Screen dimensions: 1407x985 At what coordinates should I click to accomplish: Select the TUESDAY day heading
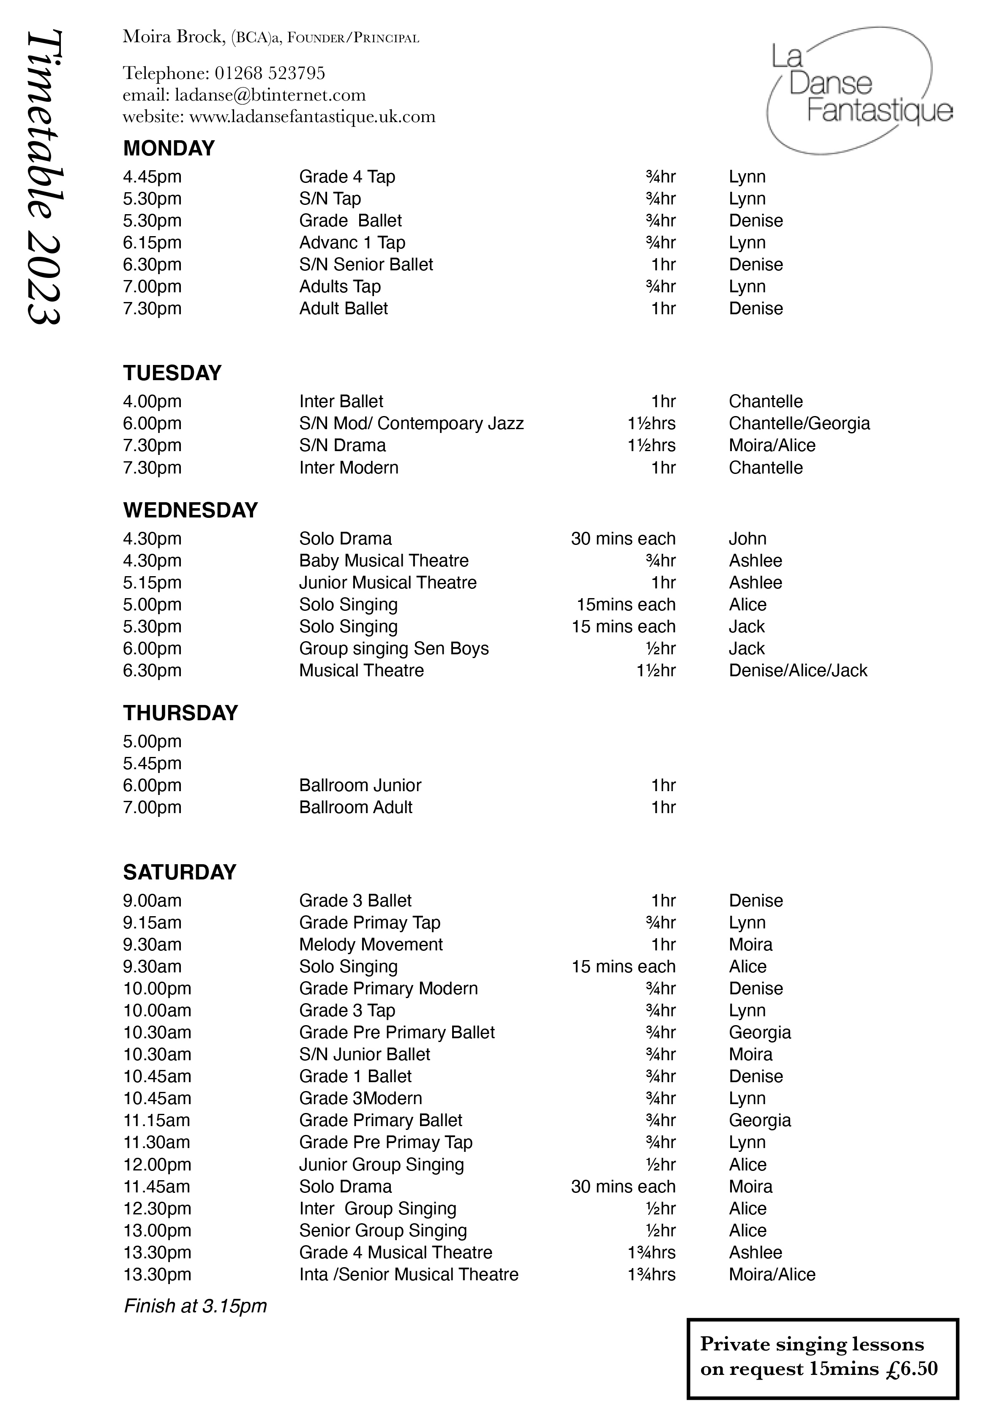pyautogui.click(x=172, y=373)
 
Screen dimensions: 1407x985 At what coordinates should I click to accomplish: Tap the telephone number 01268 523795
pyautogui.click(x=270, y=73)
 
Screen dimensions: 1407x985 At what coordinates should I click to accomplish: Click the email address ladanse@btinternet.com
pyautogui.click(x=270, y=95)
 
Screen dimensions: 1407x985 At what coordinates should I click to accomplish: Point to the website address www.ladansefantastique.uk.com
pyautogui.click(x=312, y=117)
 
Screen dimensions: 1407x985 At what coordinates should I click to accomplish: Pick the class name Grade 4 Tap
pyautogui.click(x=347, y=177)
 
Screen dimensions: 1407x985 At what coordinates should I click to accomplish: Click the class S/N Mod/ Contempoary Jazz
pyautogui.click(x=411, y=423)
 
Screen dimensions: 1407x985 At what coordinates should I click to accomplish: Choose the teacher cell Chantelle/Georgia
pyautogui.click(x=799, y=423)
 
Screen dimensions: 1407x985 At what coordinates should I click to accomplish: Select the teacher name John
pyautogui.click(x=747, y=539)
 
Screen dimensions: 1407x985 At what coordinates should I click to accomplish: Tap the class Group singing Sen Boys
pyautogui.click(x=393, y=648)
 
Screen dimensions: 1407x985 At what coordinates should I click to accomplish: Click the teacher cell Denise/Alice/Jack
pyautogui.click(x=797, y=670)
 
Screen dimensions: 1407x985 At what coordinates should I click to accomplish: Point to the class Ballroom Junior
pyautogui.click(x=360, y=785)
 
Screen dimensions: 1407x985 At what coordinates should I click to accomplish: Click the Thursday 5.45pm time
pyautogui.click(x=152, y=763)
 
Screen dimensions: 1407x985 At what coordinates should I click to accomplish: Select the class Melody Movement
pyautogui.click(x=371, y=944)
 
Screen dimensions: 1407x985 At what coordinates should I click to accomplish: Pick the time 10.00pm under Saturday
pyautogui.click(x=157, y=988)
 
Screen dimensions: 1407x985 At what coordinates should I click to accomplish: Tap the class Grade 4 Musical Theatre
pyautogui.click(x=396, y=1252)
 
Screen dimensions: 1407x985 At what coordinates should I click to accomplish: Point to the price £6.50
pyautogui.click(x=911, y=1369)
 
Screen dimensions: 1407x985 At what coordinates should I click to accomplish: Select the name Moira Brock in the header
pyautogui.click(x=172, y=37)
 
